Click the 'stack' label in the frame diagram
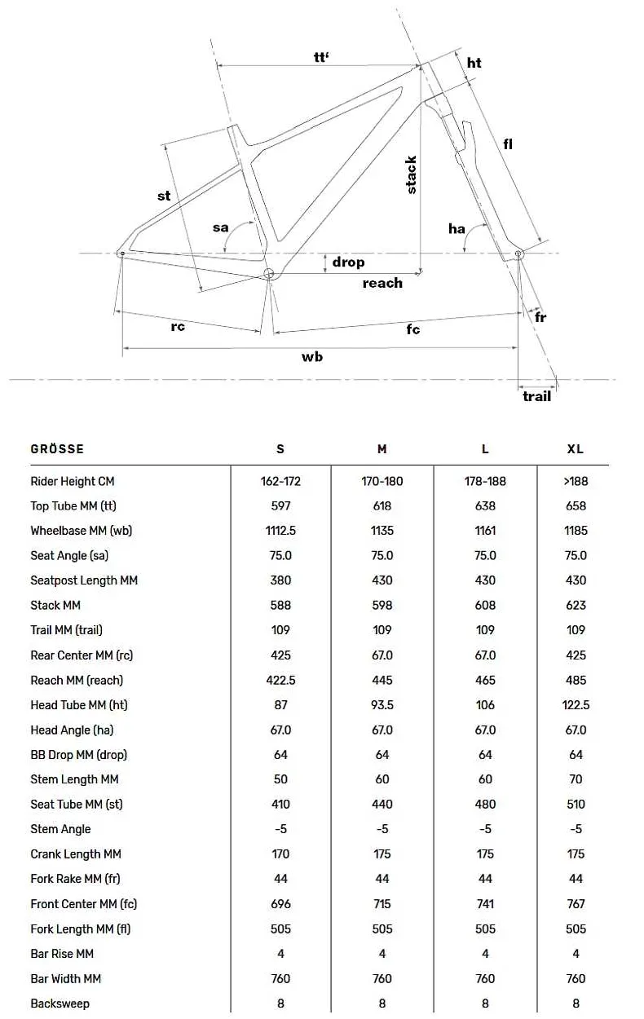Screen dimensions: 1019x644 click(x=412, y=174)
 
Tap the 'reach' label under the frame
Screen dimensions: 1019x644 click(x=382, y=283)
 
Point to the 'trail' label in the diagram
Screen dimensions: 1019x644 click(x=536, y=396)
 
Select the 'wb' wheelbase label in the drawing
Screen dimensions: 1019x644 click(x=312, y=357)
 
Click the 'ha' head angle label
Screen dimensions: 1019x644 click(x=457, y=228)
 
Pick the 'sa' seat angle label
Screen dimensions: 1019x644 click(x=221, y=227)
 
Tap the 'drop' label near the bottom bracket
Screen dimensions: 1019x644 click(x=348, y=262)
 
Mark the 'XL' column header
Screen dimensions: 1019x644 click(x=576, y=449)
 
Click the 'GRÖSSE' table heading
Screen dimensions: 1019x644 click(x=57, y=449)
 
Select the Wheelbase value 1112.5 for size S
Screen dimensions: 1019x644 click(x=280, y=531)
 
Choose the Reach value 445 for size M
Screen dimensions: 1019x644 click(x=382, y=680)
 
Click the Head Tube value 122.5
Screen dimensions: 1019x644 click(x=576, y=705)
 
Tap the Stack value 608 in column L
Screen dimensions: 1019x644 click(x=485, y=605)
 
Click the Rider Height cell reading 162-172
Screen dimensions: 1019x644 click(x=280, y=481)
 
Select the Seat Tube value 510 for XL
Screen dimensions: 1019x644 click(x=576, y=804)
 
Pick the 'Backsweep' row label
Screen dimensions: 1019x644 click(x=60, y=1004)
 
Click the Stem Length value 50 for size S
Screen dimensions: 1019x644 click(x=280, y=779)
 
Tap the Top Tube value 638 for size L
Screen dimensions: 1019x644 click(x=485, y=505)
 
